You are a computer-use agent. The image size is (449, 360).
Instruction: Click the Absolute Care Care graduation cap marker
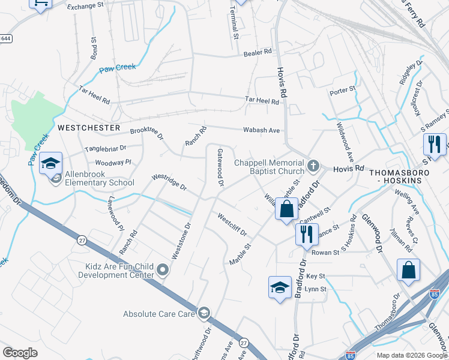point(204,313)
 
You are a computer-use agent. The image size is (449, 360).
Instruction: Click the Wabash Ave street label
point(261,130)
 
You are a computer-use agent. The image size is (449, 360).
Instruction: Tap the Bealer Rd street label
point(258,53)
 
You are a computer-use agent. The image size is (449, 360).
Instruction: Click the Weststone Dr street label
point(181,241)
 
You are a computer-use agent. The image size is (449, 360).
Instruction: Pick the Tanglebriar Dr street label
point(106,148)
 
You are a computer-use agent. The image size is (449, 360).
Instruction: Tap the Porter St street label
point(343,92)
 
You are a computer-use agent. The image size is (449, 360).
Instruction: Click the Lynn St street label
point(315,289)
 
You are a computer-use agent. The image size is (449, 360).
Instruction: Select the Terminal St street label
point(235,23)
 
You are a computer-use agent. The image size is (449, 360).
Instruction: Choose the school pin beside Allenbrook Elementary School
point(51,163)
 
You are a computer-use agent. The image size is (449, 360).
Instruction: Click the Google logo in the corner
point(20,353)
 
